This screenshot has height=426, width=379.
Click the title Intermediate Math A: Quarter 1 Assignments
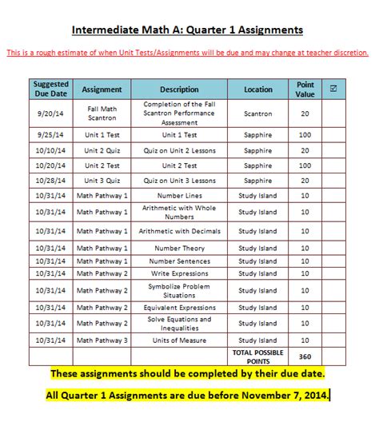tap(188, 30)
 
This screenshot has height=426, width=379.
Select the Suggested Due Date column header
tap(51, 89)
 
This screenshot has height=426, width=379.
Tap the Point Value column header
tap(305, 89)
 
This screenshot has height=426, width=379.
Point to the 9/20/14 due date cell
tap(51, 113)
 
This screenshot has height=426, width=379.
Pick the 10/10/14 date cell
tap(51, 150)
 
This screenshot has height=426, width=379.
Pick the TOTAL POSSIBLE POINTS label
tap(258, 356)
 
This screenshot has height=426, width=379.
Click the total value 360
tap(305, 356)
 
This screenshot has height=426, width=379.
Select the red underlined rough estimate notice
tap(188, 53)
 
